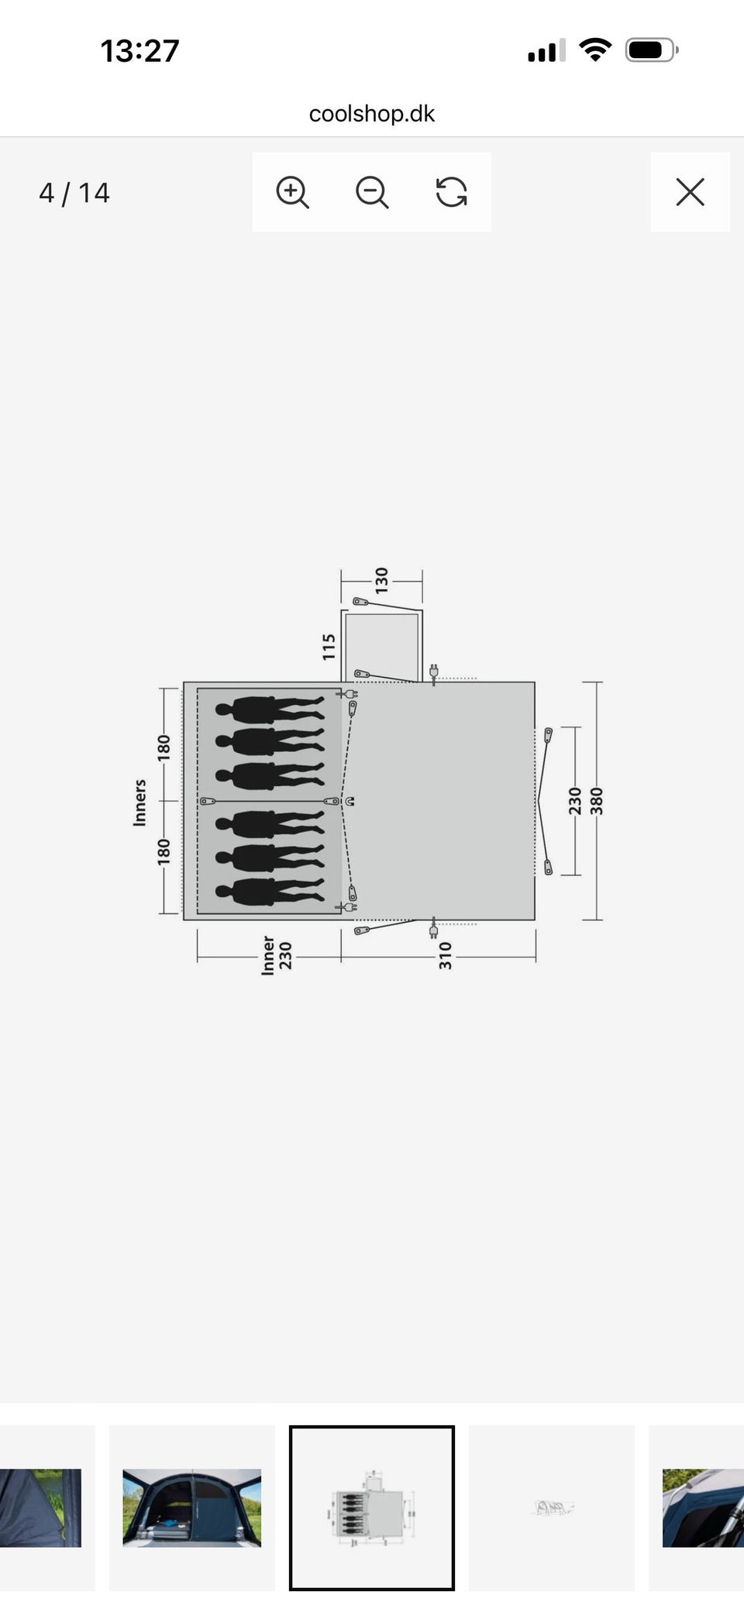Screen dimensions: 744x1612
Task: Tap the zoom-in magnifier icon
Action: (x=292, y=192)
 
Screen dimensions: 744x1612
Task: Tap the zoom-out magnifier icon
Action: (x=372, y=192)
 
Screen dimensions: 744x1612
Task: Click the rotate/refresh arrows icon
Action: (x=452, y=192)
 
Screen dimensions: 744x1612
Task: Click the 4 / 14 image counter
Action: (x=74, y=193)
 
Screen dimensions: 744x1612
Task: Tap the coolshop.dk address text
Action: (x=372, y=114)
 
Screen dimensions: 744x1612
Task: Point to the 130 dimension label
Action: (x=381, y=580)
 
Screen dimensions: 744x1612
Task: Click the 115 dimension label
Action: (x=329, y=647)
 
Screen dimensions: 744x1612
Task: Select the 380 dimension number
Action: (x=597, y=801)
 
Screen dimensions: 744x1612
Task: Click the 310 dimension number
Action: (x=446, y=956)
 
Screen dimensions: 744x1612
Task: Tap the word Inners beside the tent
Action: (x=139, y=803)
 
